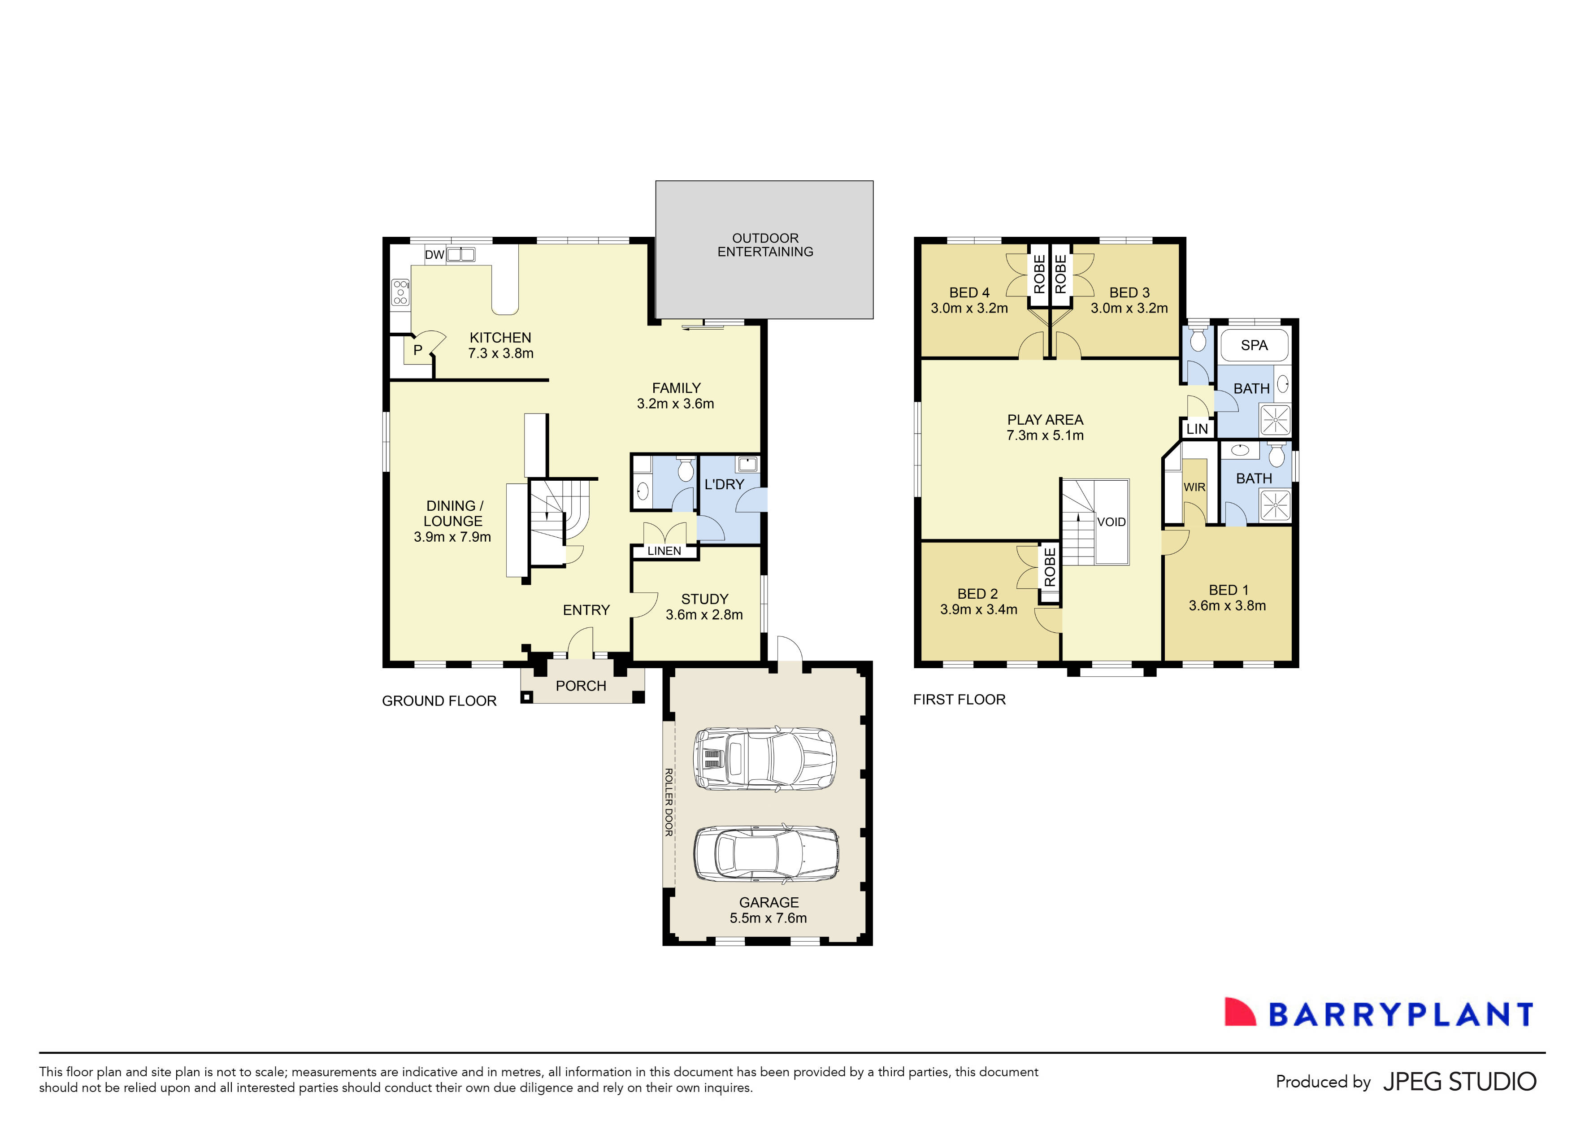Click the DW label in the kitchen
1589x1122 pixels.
pos(434,255)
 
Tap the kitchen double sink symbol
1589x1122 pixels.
pos(461,255)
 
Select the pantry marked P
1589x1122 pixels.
pos(417,350)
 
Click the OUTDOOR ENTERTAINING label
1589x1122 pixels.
pos(765,245)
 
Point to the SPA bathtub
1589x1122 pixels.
pos(1254,345)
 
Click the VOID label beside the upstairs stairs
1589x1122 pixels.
pos(1111,522)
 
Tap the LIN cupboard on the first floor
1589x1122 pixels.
pos(1197,428)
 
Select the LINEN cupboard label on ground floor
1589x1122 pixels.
pos(664,551)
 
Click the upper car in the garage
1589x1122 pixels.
pos(765,759)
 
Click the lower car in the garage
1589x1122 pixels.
pos(766,854)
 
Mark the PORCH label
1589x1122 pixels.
pos(581,686)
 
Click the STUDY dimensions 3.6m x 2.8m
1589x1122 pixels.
pos(704,615)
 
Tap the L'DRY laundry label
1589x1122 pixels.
pos(724,484)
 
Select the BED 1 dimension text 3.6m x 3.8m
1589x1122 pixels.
pos(1227,606)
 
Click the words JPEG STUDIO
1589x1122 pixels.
pos(1459,1081)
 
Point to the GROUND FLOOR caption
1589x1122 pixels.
pos(439,701)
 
